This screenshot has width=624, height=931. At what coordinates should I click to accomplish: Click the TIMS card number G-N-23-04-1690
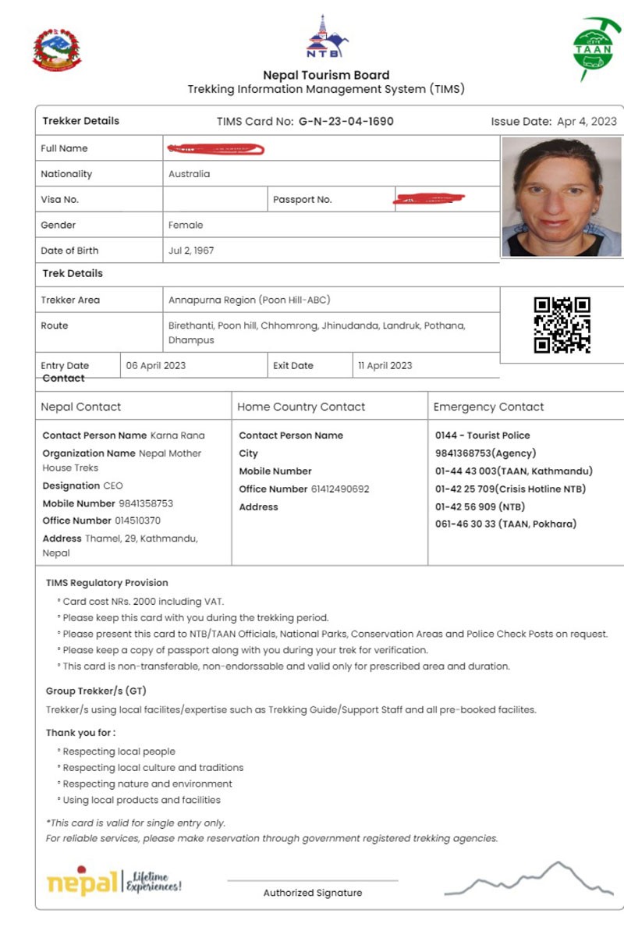[346, 122]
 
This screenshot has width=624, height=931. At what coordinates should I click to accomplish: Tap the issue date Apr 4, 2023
[586, 122]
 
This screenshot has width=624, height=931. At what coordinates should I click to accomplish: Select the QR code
[562, 325]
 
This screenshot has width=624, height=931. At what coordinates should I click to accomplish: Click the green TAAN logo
[592, 48]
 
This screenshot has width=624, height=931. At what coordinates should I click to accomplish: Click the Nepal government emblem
[56, 50]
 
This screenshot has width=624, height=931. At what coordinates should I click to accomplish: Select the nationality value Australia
[189, 174]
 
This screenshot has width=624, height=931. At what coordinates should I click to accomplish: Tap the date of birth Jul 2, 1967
[191, 251]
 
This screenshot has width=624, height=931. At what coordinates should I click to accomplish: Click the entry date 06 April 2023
[156, 365]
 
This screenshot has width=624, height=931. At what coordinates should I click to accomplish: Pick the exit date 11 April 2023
[385, 365]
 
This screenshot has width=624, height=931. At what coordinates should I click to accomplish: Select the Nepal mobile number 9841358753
[146, 503]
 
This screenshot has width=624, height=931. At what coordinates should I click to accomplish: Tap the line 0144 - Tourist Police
[482, 435]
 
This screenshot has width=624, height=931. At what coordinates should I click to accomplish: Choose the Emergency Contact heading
[488, 407]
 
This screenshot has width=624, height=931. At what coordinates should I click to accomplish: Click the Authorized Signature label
[312, 893]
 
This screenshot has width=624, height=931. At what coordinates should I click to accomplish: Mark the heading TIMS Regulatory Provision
[107, 582]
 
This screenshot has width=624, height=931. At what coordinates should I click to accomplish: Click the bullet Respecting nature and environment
[147, 784]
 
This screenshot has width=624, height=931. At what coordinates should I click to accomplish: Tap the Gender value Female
[186, 225]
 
